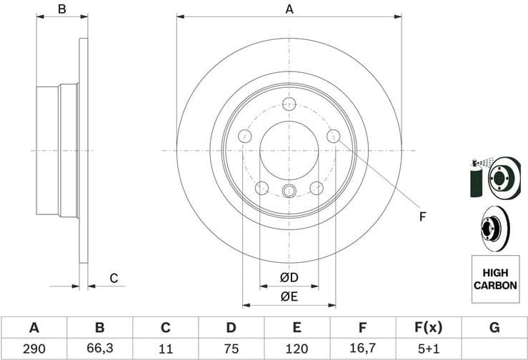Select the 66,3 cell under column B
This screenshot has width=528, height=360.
[x=99, y=349]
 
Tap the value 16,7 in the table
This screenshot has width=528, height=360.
[x=362, y=349]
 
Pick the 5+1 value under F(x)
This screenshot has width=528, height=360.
[x=429, y=349]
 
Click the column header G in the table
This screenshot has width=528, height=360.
[x=494, y=328]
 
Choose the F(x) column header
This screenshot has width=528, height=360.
[x=429, y=328]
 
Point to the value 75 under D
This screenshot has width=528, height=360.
[x=231, y=349]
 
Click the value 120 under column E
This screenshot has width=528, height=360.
[x=297, y=349]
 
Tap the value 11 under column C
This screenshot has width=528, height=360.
[x=165, y=349]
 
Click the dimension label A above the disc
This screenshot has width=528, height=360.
[x=289, y=9]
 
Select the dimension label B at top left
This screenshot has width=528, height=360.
[x=62, y=9]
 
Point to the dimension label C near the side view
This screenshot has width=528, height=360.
[x=113, y=279]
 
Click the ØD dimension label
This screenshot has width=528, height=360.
[x=289, y=277]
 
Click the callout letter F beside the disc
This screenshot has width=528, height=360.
[x=422, y=216]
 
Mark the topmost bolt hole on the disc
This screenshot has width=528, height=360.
[x=289, y=105]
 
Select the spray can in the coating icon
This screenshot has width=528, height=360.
[x=475, y=179]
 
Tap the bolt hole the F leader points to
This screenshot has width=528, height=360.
[x=333, y=136]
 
